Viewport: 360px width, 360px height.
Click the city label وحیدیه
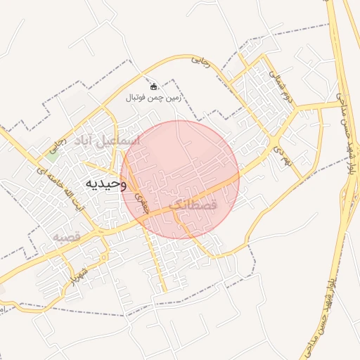(105, 184)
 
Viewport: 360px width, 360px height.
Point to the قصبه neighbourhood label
(68, 238)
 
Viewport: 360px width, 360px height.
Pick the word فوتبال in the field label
(138, 97)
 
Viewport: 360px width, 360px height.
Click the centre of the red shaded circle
(180, 179)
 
